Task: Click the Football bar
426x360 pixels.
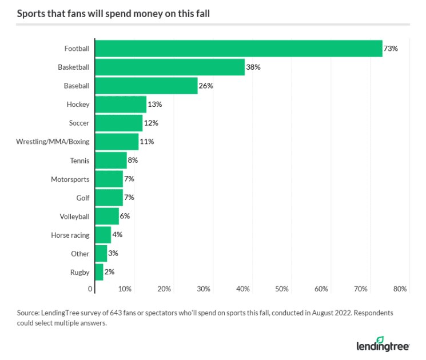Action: [238, 49]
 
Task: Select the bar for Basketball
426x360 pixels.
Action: [170, 67]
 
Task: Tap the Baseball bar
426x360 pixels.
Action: [146, 86]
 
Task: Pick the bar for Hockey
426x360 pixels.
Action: [121, 105]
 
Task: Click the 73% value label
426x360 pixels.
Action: [391, 49]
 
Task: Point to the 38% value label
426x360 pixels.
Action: [253, 67]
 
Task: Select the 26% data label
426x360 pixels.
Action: [206, 86]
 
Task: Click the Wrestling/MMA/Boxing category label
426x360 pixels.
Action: [53, 142]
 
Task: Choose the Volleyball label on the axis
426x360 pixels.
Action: [74, 217]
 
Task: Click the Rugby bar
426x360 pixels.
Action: [99, 272]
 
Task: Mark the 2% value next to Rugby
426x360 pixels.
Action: [109, 272]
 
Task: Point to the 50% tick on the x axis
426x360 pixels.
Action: [282, 289]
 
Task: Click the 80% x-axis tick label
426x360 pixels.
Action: [400, 289]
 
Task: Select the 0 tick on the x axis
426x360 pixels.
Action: [90, 289]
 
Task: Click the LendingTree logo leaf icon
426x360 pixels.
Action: [380, 340]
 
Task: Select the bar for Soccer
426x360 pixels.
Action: [118, 123]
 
